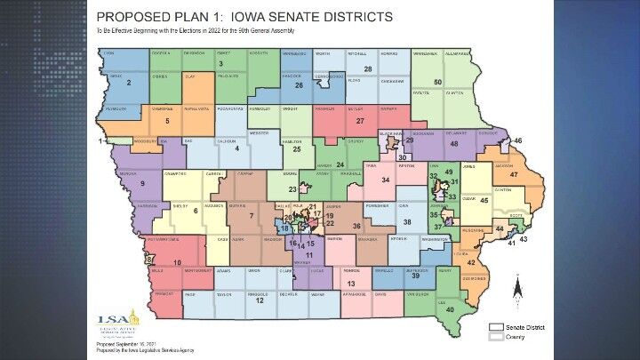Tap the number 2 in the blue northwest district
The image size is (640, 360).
click(x=129, y=82)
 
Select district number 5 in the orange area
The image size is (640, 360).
click(x=167, y=118)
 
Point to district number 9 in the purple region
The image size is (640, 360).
click(x=142, y=183)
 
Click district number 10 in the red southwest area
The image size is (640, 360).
click(x=177, y=263)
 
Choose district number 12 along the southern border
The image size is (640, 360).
click(x=260, y=300)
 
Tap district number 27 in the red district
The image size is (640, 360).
click(x=360, y=120)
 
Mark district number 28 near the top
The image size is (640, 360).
click(x=367, y=68)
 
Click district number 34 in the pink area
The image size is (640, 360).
click(x=385, y=180)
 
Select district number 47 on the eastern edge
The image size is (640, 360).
click(x=514, y=175)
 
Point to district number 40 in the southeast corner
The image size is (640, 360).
click(x=451, y=308)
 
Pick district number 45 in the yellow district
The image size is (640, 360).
click(x=484, y=201)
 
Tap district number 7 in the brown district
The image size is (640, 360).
click(x=252, y=216)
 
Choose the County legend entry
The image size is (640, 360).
click(x=515, y=336)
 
